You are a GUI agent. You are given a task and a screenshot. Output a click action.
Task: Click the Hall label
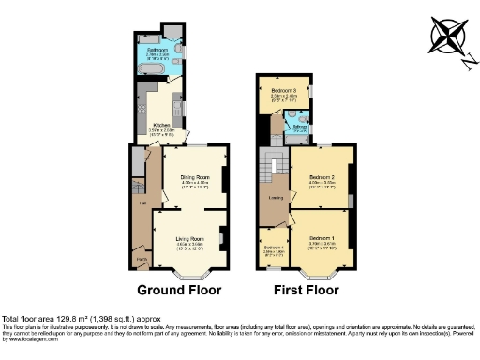(x=142, y=202)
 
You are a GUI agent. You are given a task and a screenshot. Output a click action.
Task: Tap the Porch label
(x=142, y=260)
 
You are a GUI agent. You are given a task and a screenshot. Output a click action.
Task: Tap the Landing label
(x=277, y=197)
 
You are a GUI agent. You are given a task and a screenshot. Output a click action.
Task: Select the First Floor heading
(x=306, y=290)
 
